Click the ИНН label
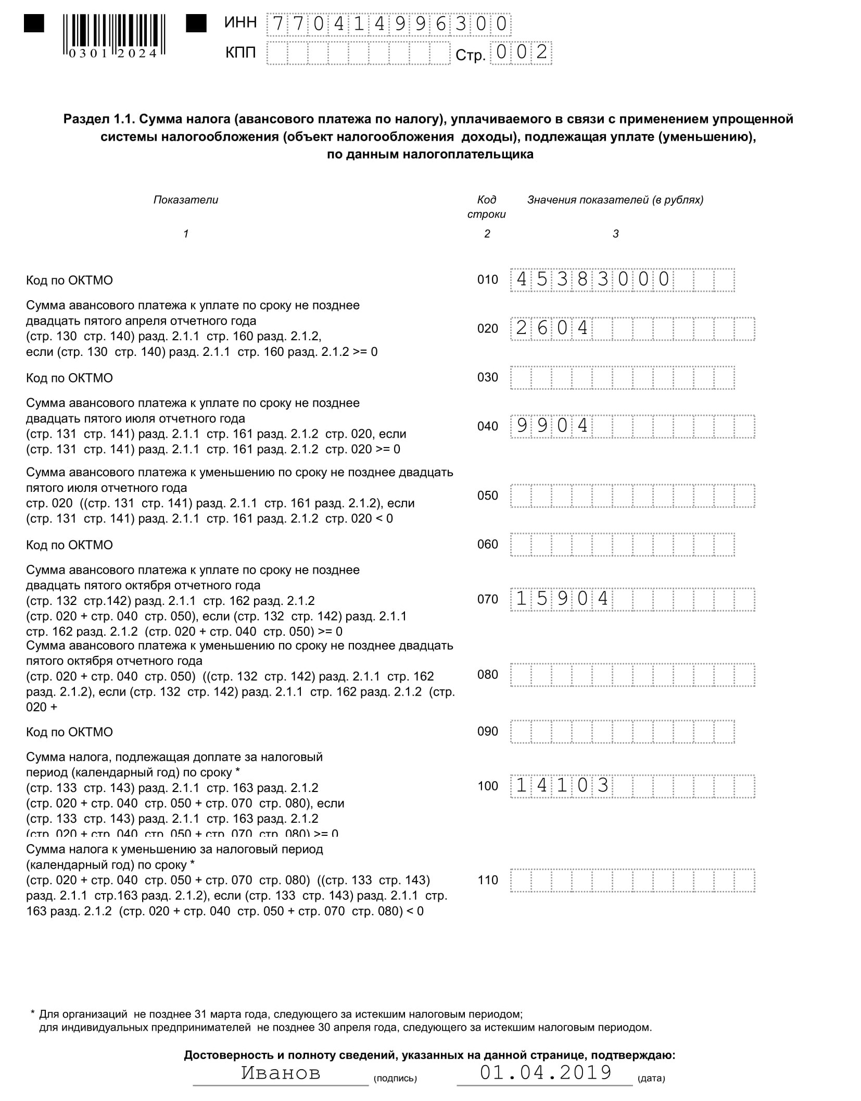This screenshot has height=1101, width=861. click(240, 22)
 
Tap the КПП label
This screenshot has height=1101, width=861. click(240, 53)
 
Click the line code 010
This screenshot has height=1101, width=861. click(487, 280)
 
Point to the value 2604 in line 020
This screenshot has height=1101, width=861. click(552, 328)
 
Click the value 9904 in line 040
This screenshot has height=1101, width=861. click(552, 426)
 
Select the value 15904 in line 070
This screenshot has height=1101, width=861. click(562, 599)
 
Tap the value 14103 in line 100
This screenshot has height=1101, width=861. click(562, 786)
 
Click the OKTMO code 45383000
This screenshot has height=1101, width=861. click(592, 280)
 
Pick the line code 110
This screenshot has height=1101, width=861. click(487, 880)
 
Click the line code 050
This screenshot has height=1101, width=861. click(487, 496)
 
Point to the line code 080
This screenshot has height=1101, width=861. click(487, 675)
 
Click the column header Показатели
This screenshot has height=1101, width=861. click(186, 200)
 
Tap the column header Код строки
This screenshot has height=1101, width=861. click(486, 207)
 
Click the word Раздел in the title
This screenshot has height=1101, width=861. click(86, 119)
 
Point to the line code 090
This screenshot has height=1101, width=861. click(487, 732)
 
